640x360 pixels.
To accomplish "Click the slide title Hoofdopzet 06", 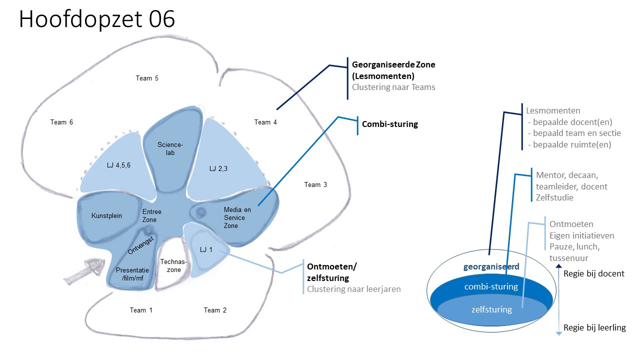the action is [x=97, y=19].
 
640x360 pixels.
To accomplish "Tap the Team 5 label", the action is [x=147, y=78].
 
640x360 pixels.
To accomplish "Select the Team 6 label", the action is [x=61, y=122].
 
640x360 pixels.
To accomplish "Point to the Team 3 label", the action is [x=315, y=185].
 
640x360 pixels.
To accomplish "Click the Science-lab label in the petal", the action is [x=170, y=148].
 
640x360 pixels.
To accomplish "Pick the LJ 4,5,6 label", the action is [x=118, y=165].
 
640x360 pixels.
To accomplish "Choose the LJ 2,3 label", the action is [x=218, y=168].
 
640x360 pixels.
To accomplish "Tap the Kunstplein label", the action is [x=106, y=215].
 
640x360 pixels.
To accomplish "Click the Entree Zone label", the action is [x=151, y=215].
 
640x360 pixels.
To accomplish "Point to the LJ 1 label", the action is [x=206, y=249].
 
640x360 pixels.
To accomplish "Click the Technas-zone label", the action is [x=173, y=265].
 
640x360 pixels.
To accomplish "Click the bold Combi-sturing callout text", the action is [x=389, y=124].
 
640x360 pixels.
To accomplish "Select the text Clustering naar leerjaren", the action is [x=353, y=289].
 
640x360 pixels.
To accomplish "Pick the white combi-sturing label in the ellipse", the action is [x=491, y=286].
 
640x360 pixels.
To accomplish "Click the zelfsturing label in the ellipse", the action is [x=491, y=309].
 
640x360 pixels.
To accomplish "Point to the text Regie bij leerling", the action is [x=594, y=327].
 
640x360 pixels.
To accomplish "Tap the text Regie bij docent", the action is [x=593, y=273].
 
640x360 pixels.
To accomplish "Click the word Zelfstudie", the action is [x=554, y=197].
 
